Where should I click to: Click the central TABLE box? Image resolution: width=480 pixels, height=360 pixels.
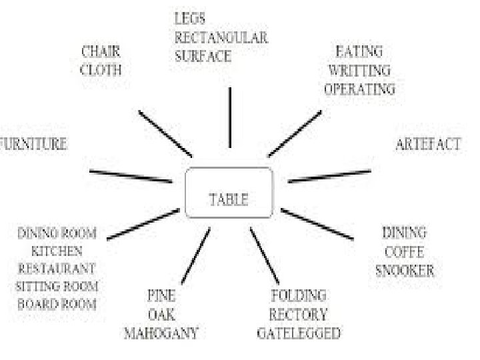click(229, 193)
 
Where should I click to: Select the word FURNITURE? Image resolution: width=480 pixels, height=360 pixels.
click(33, 144)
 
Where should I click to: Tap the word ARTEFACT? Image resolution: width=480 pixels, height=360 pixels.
click(428, 145)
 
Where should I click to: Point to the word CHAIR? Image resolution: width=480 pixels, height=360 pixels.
click(101, 51)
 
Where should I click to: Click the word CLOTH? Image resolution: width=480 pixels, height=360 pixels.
click(101, 69)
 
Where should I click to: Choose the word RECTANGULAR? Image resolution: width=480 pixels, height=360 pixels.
click(221, 39)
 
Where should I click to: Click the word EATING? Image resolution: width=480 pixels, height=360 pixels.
click(359, 51)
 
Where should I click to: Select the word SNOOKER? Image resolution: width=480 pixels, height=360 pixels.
click(405, 271)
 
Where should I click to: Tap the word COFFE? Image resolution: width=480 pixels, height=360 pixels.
click(404, 252)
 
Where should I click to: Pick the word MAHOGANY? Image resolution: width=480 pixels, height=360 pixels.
click(161, 333)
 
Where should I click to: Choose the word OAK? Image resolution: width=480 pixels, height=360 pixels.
click(161, 314)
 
